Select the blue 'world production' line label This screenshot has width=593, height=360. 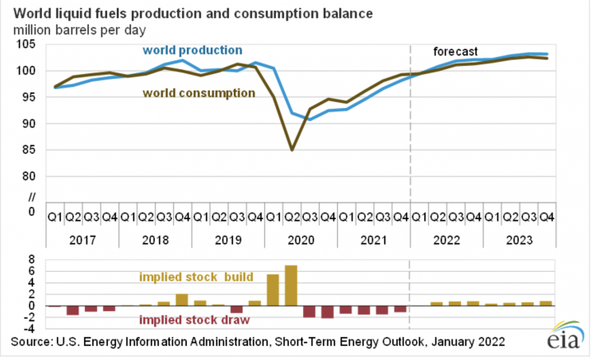193,50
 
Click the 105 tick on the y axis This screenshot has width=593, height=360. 29,44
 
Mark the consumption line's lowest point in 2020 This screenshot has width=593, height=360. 292,150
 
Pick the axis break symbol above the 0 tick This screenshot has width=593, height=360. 33,196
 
